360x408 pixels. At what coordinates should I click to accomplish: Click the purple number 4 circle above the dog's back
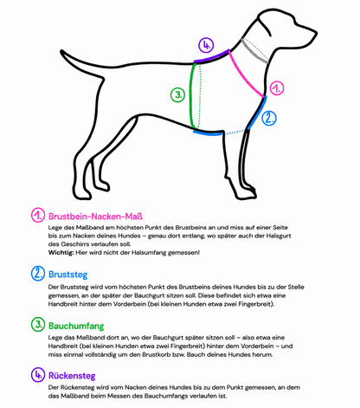[x=206, y=45]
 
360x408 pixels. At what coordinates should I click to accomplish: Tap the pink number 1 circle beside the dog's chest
[x=277, y=88]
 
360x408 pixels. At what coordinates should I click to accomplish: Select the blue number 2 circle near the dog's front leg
[x=269, y=118]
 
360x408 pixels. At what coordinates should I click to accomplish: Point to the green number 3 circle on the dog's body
[x=177, y=95]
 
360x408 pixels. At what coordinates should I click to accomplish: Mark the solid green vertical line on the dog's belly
[x=190, y=96]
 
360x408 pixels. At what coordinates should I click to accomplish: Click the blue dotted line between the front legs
[x=235, y=133]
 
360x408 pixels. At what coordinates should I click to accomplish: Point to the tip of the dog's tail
[x=61, y=51]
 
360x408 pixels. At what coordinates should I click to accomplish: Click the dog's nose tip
[x=316, y=32]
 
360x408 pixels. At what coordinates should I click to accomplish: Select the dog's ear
[x=264, y=25]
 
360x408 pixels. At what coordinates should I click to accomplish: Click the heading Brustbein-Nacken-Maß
[x=95, y=217]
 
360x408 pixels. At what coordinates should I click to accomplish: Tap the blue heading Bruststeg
[x=67, y=275]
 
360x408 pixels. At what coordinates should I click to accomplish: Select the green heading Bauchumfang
[x=76, y=326]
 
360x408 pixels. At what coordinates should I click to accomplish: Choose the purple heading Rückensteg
[x=72, y=376]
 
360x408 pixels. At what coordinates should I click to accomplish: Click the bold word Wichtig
[x=61, y=253]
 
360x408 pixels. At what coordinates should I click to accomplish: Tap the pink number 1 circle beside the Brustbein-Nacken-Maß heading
[x=38, y=215]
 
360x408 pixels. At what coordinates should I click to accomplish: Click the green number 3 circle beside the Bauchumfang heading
[x=38, y=324]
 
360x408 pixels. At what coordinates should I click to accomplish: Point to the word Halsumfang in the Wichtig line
[x=149, y=253]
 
